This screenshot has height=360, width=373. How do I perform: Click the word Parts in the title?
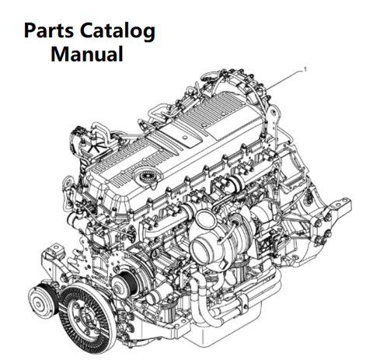(x=48, y=31)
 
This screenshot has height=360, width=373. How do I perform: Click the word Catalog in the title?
(x=117, y=31)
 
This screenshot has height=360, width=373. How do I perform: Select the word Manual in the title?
(x=87, y=54)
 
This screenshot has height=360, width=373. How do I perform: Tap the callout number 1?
(x=305, y=70)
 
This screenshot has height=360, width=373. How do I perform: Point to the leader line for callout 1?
(x=285, y=79)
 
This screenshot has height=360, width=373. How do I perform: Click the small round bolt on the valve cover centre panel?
(x=184, y=138)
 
